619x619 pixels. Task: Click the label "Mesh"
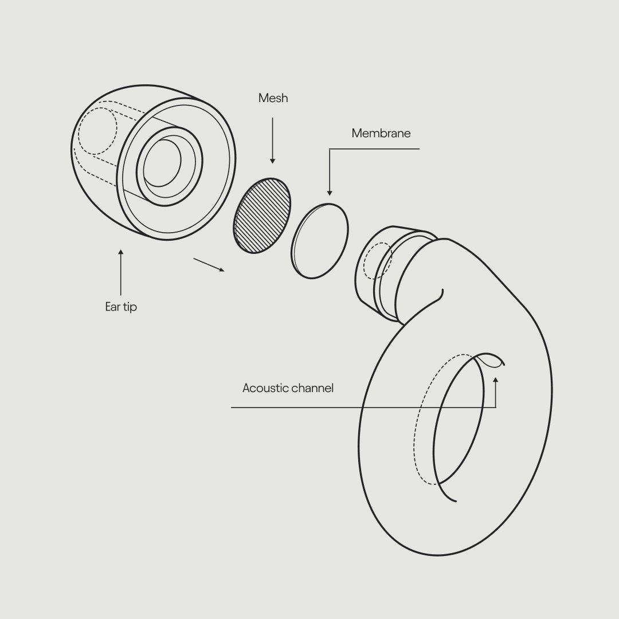[273, 98]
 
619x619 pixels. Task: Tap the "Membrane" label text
[381, 134]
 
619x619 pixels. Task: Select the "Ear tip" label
[121, 307]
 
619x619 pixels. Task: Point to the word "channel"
[312, 388]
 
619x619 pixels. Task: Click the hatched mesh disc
[262, 216]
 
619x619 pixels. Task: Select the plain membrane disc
[320, 241]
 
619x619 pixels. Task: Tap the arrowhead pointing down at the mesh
[272, 161]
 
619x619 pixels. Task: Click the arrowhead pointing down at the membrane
[330, 193]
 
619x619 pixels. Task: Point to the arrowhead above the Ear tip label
[121, 252]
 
